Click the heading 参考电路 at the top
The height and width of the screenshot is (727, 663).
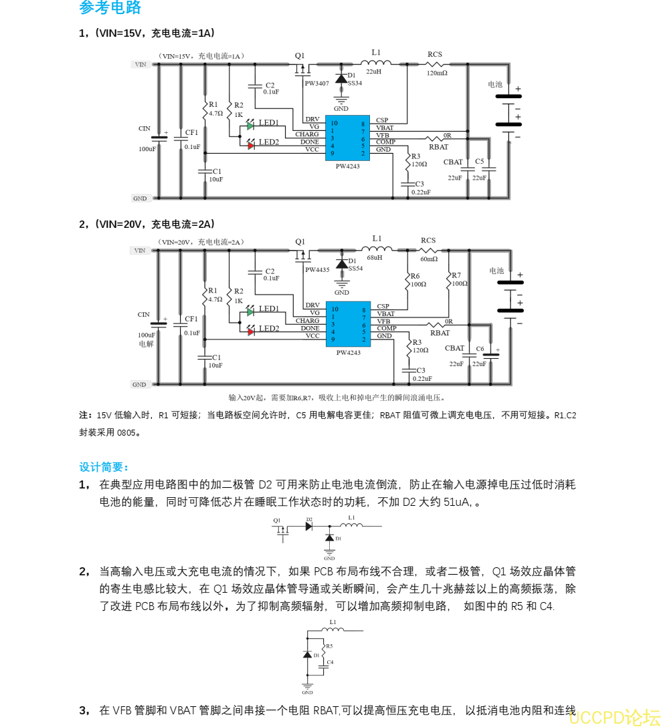[x=110, y=8]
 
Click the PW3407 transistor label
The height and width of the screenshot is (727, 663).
[x=316, y=84]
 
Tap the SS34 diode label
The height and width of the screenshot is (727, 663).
[x=355, y=84]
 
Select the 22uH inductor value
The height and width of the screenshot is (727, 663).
[x=373, y=71]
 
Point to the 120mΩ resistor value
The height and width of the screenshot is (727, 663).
[x=437, y=73]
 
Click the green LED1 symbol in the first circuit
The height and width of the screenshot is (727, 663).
[x=250, y=125]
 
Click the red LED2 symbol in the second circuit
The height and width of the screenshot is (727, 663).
[x=251, y=331]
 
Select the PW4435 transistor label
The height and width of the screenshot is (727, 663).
[x=317, y=270]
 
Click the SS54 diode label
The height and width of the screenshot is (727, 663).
[x=355, y=268]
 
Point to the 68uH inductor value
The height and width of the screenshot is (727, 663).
[x=375, y=257]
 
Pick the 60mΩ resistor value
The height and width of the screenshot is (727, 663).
[x=429, y=259]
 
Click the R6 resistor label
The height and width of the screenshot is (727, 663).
[x=415, y=275]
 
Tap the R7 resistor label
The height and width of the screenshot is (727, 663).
[x=456, y=275]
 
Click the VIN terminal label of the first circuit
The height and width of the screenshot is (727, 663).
[x=140, y=65]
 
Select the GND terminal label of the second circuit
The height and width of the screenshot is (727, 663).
[x=139, y=385]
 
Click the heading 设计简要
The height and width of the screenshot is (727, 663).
[x=104, y=466]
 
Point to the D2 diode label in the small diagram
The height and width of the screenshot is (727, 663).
[x=309, y=519]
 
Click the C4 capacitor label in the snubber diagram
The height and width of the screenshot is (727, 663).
[x=330, y=662]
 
